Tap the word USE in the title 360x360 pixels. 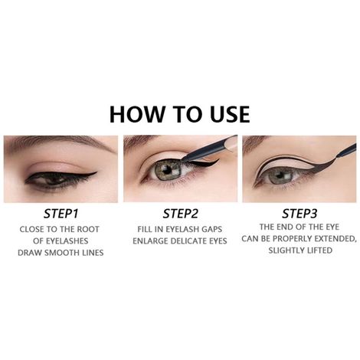(x=223, y=113)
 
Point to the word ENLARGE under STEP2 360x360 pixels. (x=154, y=241)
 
